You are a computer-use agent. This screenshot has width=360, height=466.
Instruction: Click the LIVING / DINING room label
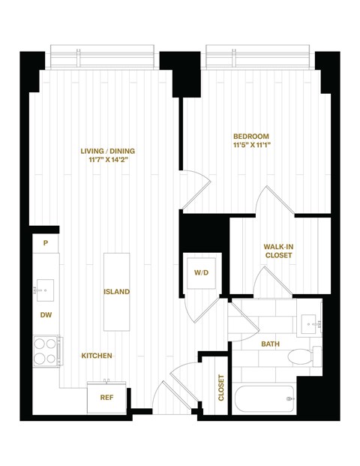(x=107, y=151)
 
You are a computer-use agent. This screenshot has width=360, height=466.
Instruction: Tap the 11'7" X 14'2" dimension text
(x=107, y=161)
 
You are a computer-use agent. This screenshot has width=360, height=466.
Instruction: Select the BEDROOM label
(x=250, y=136)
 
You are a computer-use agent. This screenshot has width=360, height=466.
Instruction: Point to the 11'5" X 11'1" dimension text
(x=250, y=146)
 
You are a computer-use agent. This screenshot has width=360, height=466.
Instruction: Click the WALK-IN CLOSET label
(x=278, y=251)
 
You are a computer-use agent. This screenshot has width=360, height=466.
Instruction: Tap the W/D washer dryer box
(x=202, y=272)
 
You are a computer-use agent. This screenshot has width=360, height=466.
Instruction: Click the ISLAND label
(x=116, y=291)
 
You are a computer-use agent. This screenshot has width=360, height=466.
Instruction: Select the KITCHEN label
(x=97, y=356)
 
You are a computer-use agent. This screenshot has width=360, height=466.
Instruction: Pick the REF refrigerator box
(x=106, y=398)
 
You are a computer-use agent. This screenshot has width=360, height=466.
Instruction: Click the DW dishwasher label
(x=46, y=315)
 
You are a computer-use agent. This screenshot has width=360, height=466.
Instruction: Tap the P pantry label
(x=46, y=243)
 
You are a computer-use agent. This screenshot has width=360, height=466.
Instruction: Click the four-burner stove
(x=46, y=350)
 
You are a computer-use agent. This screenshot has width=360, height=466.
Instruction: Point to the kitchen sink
(x=46, y=288)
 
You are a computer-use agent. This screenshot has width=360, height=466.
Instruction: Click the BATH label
(x=270, y=344)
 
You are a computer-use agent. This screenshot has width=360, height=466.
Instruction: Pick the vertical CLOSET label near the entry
(x=220, y=388)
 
